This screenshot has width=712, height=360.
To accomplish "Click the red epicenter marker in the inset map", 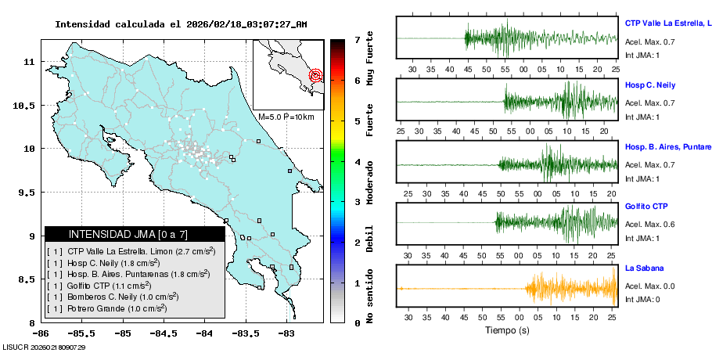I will pos(315,76).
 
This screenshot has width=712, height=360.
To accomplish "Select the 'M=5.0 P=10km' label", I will pos(286,117).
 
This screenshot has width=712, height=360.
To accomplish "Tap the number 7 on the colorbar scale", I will pos(357,39).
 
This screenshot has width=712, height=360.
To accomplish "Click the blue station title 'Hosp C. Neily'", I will pos(650,85).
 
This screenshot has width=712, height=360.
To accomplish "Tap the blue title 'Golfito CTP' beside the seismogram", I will pos(647,207).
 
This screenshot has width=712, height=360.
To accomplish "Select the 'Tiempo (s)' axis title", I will pos(507,330).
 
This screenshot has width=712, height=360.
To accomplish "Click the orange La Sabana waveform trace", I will pos(563,289).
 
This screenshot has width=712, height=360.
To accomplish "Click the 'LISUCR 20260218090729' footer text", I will pos(45,347).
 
